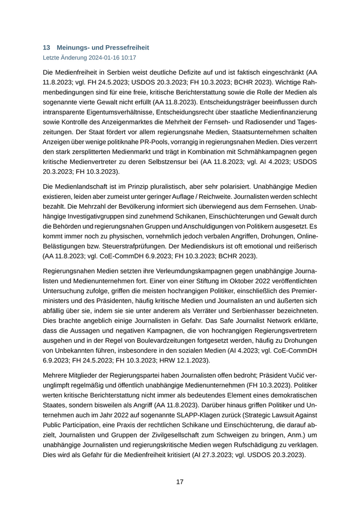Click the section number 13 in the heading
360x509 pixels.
[46, 47]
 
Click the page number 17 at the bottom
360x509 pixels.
[179, 482]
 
